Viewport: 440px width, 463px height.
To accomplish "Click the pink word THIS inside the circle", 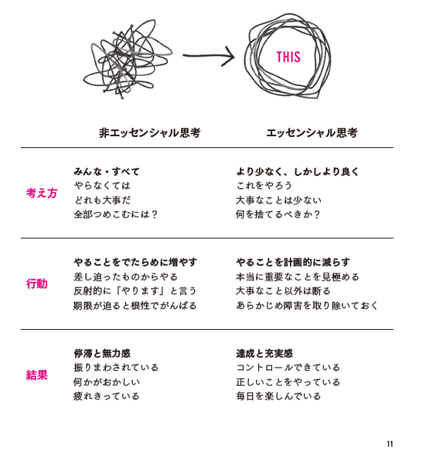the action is pos(288,57).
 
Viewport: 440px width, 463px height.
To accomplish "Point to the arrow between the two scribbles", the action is pos(209,56).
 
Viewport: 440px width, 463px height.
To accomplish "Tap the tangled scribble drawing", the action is pos(128,59).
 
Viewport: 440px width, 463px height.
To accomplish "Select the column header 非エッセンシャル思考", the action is pos(149,132).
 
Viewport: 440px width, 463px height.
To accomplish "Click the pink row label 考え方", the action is pos(41,193).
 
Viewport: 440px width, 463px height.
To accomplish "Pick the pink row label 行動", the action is pos(36,284).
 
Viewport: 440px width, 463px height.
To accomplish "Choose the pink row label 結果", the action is pos(36,375).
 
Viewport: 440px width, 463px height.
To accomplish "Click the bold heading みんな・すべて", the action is pos(107,171).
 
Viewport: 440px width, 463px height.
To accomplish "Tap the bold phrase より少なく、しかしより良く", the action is pos(297,171).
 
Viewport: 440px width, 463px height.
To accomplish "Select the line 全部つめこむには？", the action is pos(115,214).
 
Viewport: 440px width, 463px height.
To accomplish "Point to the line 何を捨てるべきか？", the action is pos(278,214).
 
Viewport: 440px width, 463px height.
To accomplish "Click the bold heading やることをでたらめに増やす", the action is pos(135,262).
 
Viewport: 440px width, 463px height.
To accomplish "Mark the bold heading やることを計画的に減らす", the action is pos(293,262).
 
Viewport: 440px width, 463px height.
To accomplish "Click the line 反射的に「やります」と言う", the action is pos(135,291).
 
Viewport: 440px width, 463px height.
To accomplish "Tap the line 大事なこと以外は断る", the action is pos(283,291).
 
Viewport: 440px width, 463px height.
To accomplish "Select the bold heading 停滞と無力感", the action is pos(102,353).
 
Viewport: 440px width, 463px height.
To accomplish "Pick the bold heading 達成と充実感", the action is pos(264,353).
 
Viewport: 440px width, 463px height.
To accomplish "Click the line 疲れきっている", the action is pos(106,396).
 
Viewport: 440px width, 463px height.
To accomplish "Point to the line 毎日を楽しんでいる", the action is pos(278,396).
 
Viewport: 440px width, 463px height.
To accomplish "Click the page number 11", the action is pos(390,444).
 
